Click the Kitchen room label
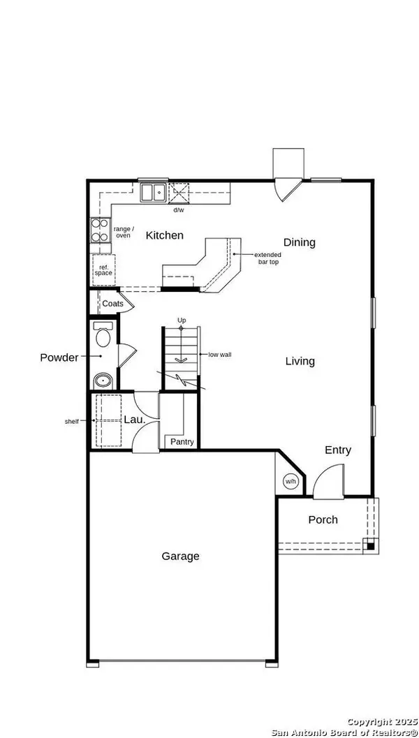point(164,236)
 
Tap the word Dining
point(299,243)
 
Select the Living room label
point(300,362)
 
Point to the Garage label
point(180,556)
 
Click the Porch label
point(323,520)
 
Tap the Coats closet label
point(112,304)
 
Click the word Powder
point(59,357)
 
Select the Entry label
point(338,450)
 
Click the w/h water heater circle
point(291,481)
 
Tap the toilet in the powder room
point(102,337)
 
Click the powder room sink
point(102,381)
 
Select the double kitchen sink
point(152,191)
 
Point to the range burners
point(99,230)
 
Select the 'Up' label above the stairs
point(182,320)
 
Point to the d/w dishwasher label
point(179,209)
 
